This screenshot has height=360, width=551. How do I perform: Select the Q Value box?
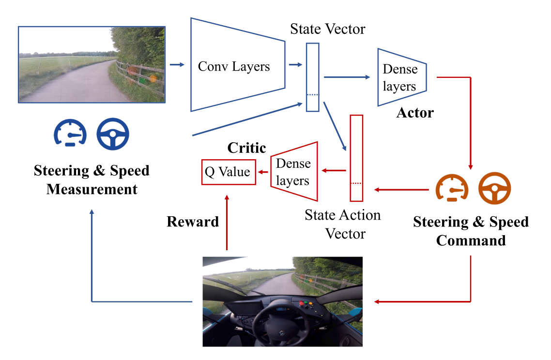228,172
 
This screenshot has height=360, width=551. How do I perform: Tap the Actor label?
415,113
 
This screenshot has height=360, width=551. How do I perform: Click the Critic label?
247,148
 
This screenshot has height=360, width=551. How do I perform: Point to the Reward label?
193,222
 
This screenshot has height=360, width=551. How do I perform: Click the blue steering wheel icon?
113,134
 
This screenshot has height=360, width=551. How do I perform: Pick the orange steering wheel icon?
494,188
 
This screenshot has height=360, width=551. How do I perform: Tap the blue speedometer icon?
70,133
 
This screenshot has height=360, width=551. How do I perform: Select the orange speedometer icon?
452,188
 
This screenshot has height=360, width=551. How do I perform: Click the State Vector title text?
328,29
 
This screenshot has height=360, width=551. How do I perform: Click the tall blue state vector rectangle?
313,77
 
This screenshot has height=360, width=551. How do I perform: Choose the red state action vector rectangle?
356,158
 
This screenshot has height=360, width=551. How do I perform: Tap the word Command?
471,240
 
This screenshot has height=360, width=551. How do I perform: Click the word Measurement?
92,189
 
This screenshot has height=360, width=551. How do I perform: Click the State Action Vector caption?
343,224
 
